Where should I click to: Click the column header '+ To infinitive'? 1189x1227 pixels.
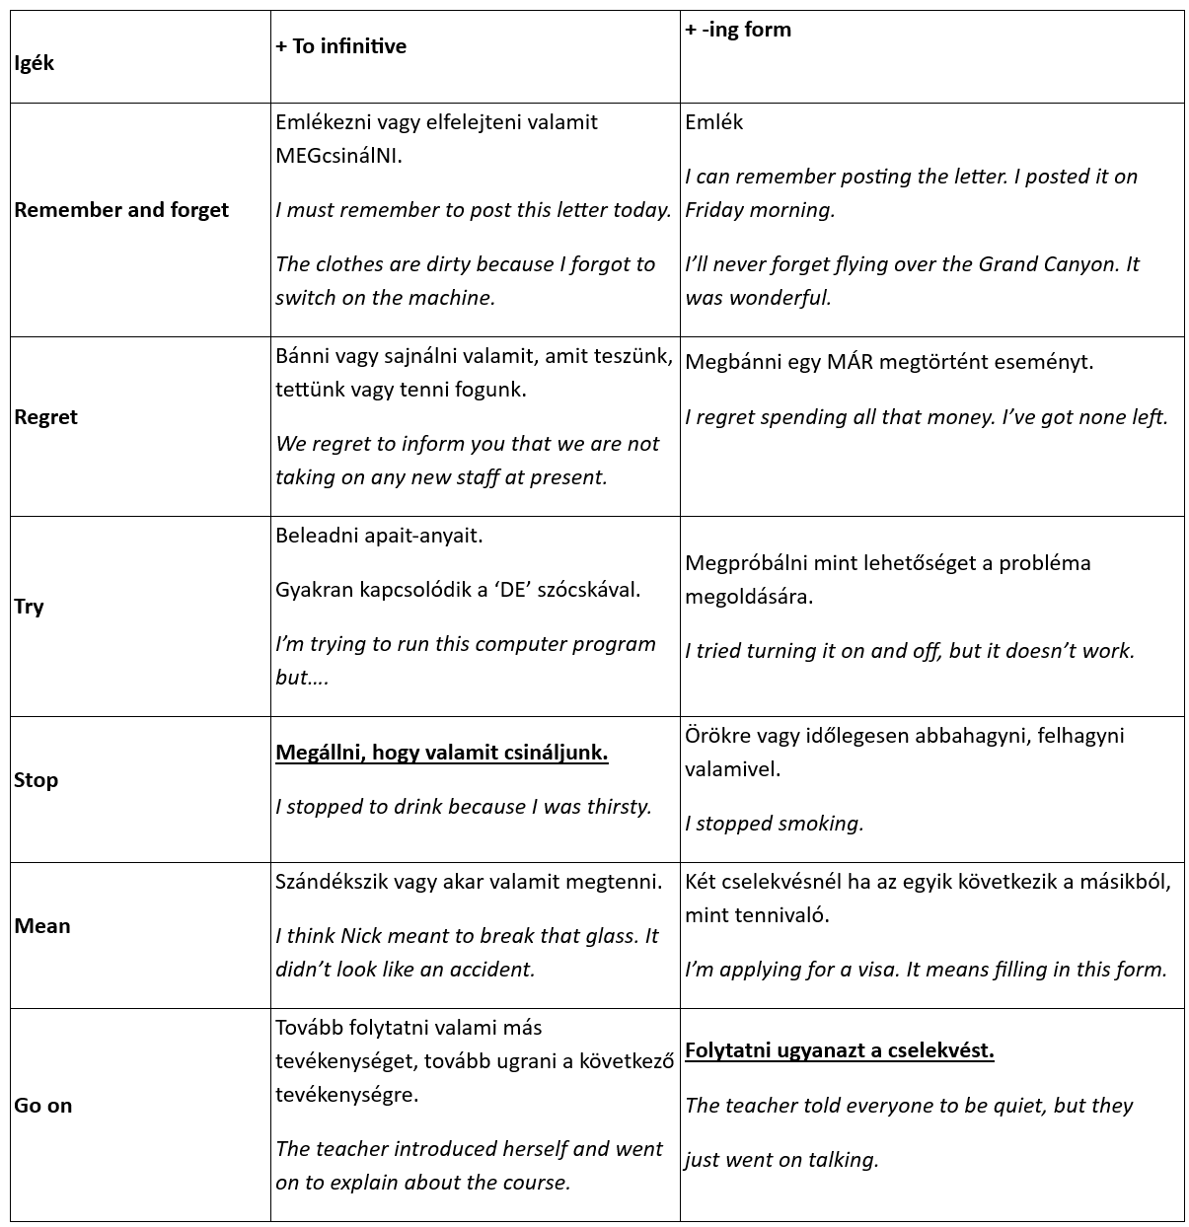(x=341, y=46)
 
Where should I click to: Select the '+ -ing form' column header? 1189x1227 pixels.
(x=738, y=30)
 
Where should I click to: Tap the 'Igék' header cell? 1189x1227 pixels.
(x=35, y=63)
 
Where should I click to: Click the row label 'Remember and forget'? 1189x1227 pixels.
(x=121, y=210)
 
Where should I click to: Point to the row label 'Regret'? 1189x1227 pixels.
(x=45, y=417)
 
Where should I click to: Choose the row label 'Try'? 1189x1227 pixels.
(x=29, y=607)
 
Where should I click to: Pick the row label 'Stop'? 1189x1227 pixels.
(x=36, y=780)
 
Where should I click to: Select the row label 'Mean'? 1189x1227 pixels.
(x=42, y=926)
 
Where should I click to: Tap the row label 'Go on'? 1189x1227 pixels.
(x=43, y=1106)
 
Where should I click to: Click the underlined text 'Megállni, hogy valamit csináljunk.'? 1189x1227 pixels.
(x=442, y=753)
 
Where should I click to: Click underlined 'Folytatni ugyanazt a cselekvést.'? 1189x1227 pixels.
(x=840, y=1050)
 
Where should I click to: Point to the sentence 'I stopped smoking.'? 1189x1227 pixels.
(x=775, y=824)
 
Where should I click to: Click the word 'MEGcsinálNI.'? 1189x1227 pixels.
(x=339, y=156)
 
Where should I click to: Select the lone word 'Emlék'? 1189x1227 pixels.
(x=714, y=122)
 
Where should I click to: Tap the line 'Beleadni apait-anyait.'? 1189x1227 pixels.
(x=380, y=536)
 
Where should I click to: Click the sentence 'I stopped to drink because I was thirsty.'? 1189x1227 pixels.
(x=464, y=807)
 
